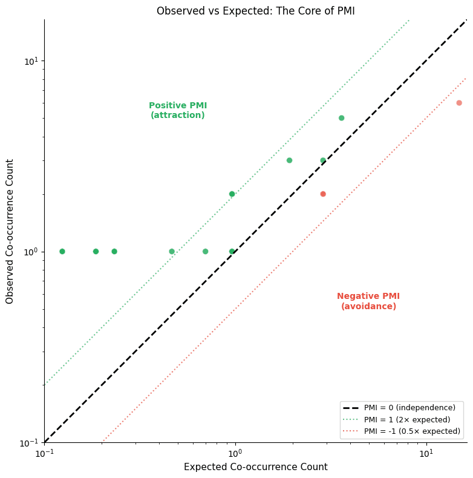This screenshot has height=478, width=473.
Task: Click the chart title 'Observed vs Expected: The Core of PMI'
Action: click(255, 11)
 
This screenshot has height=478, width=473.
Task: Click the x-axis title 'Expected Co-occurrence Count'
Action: click(255, 467)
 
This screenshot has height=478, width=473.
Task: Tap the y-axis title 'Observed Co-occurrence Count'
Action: click(10, 231)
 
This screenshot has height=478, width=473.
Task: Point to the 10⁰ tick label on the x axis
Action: click(235, 453)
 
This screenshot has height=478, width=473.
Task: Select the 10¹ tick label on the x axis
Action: click(426, 453)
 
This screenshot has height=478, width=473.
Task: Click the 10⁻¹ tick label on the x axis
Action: click(44, 453)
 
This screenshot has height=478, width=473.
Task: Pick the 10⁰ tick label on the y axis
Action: click(30, 252)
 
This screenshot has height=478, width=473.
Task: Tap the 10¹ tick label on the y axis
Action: click(30, 61)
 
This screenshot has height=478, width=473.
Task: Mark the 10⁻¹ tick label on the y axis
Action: click(29, 442)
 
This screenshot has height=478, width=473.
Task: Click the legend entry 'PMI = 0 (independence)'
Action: click(409, 408)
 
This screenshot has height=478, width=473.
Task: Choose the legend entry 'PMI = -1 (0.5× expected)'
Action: click(412, 431)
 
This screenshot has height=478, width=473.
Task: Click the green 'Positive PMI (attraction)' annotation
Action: click(178, 110)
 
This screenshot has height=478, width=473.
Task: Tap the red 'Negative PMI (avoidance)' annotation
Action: click(368, 301)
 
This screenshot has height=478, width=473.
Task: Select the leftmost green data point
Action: click(62, 251)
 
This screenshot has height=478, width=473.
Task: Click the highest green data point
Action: click(341, 118)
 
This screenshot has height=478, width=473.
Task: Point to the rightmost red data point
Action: click(459, 103)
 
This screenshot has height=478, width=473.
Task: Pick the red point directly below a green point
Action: click(323, 194)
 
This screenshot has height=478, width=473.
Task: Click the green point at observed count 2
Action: click(232, 194)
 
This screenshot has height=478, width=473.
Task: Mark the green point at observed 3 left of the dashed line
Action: click(289, 160)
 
